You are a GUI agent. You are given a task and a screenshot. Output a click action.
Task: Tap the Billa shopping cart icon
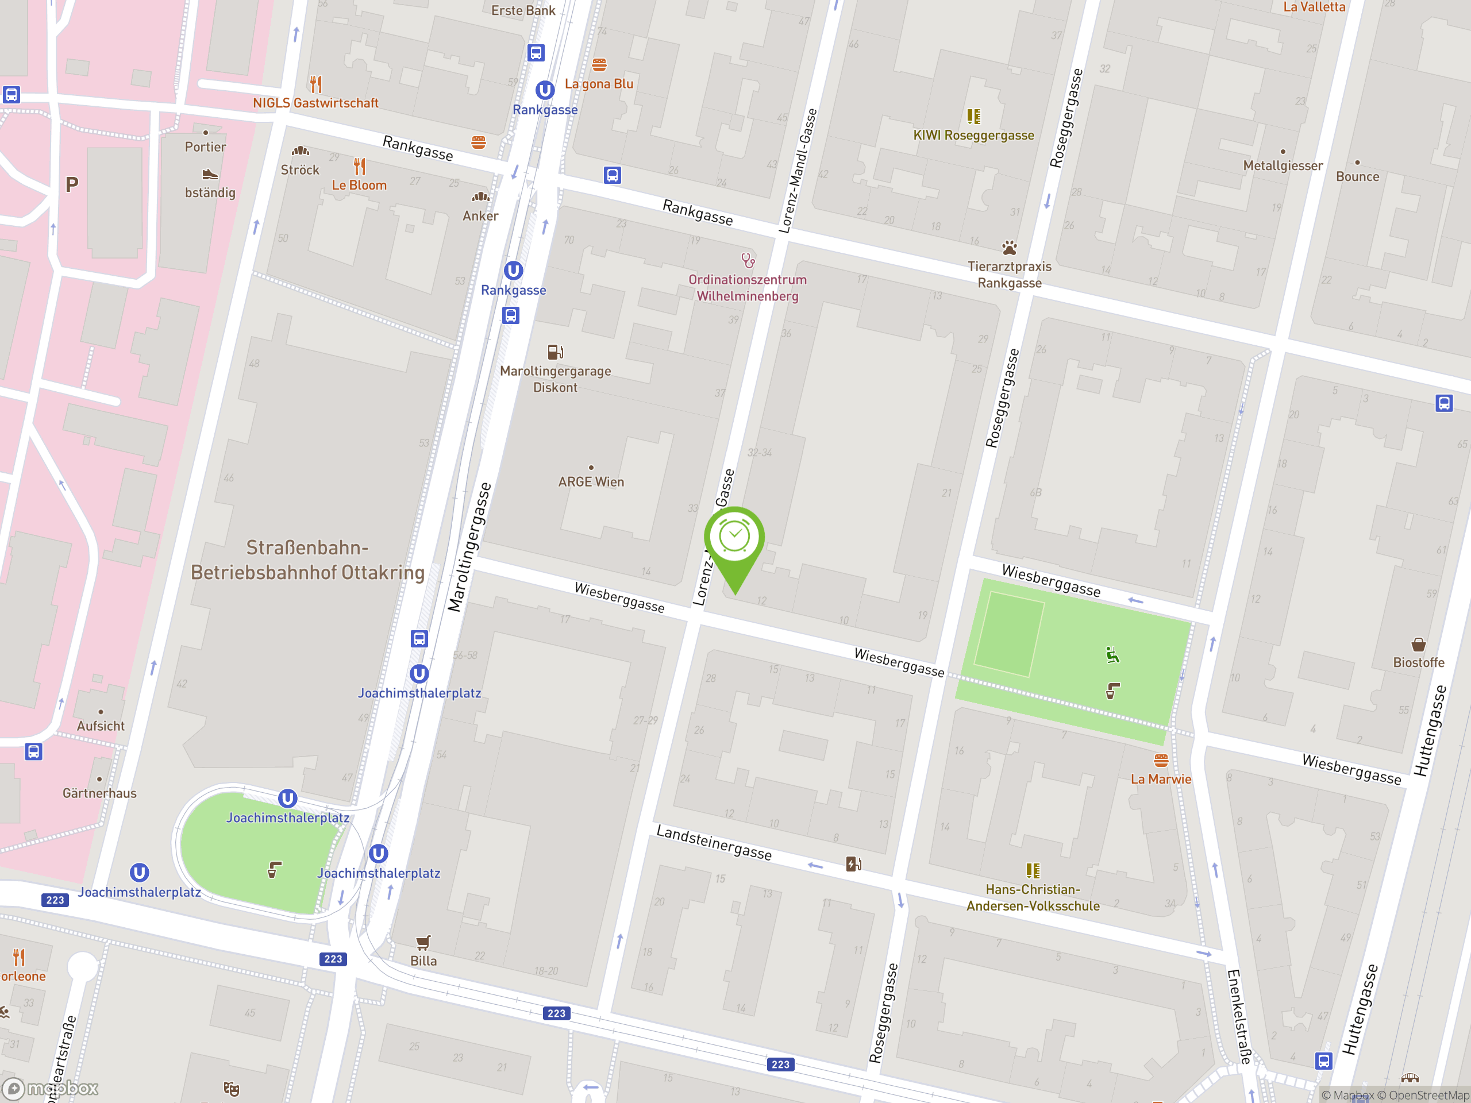pos(423,942)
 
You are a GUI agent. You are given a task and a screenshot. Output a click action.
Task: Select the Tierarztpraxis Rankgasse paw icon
pos(1009,248)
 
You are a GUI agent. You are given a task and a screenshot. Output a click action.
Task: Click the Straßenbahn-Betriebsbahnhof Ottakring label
pos(307,560)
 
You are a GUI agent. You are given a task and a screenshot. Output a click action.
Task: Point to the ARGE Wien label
pos(591,482)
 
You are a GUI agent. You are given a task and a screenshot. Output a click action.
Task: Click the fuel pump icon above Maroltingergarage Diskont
pos(555,352)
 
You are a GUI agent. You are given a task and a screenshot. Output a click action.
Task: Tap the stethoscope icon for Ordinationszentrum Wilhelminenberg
pos(748,260)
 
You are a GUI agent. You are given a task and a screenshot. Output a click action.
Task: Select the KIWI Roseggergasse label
pos(973,136)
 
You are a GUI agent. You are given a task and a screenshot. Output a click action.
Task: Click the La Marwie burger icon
pos(1161,760)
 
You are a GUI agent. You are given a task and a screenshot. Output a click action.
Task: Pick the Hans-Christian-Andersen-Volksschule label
pos(1032,897)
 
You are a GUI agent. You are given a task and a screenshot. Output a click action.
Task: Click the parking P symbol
pos(72,185)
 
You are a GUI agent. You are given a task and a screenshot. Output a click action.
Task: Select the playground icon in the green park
pos(1112,655)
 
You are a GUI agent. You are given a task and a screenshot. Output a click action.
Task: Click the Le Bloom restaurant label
pos(359,186)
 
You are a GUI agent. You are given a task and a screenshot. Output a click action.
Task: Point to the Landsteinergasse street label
pos(714,843)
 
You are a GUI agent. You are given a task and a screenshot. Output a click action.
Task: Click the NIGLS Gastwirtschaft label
pos(315,103)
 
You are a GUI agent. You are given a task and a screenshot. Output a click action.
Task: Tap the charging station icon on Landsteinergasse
pos(853,863)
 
